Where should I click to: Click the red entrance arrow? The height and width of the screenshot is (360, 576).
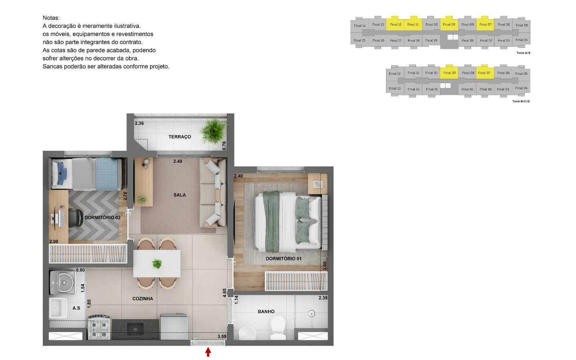tap(208, 352)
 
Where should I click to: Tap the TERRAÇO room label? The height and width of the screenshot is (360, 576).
tap(180, 137)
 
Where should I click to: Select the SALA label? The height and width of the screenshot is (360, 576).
tap(180, 195)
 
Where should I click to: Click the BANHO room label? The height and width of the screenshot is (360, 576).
tap(266, 312)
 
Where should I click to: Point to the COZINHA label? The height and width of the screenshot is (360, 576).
tap(143, 299)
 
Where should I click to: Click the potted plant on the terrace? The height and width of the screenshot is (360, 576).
tap(213, 131)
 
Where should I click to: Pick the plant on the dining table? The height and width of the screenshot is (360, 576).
tap(157, 264)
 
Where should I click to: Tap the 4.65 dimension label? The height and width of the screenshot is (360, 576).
tap(224, 293)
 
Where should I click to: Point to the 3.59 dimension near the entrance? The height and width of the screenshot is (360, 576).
tap(222, 336)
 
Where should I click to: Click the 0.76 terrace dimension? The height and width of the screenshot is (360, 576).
tap(224, 146)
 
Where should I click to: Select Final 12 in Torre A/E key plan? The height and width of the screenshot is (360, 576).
tap(396, 25)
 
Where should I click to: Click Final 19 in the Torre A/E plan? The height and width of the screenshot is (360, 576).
tap(431, 41)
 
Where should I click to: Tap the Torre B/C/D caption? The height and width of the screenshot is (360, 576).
tap(521, 101)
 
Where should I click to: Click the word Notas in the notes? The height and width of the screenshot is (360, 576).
tap(51, 18)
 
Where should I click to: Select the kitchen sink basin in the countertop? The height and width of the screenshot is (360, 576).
tap(135, 330)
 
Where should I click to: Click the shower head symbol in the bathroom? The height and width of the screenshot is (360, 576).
tap(311, 314)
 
